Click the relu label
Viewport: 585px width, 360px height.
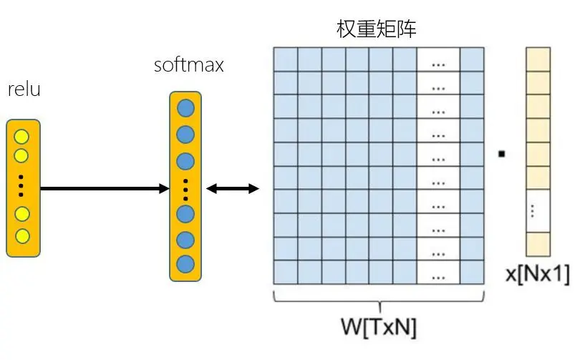pos(24,90)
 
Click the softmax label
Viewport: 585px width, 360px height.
pos(189,65)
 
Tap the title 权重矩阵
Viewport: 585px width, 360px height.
pos(377,29)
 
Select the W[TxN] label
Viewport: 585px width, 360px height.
pos(378,326)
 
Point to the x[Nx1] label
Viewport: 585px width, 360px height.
pos(538,274)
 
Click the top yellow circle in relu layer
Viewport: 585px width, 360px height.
pos(22,137)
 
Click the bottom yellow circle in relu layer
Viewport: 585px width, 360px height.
pos(22,235)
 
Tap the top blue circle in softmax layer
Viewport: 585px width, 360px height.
pos(185,109)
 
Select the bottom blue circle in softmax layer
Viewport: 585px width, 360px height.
pos(185,263)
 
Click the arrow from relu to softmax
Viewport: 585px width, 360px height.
pos(104,189)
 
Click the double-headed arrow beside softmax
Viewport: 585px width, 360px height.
pos(233,189)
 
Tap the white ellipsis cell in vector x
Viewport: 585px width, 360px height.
pos(538,211)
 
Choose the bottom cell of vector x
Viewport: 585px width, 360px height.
pos(538,244)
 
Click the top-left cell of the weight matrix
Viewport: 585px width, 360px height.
pos(286,59)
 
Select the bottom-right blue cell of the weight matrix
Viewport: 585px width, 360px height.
pos(472,272)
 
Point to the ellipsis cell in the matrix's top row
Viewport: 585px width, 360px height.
pos(438,59)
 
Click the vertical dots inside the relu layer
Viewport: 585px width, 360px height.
pos(22,185)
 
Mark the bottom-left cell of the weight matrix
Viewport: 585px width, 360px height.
pos(286,272)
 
